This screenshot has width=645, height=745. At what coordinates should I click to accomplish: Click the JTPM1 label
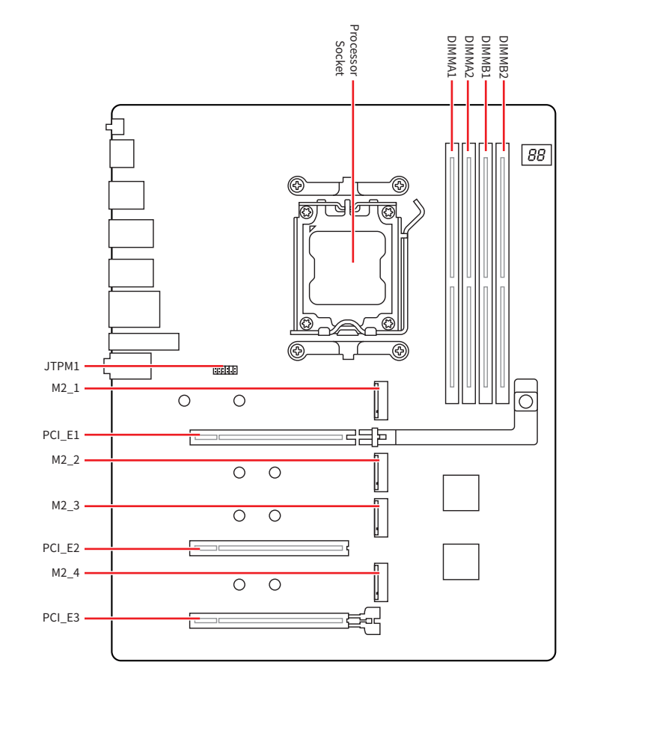coord(61,367)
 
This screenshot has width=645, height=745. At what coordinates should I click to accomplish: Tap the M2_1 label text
coord(65,388)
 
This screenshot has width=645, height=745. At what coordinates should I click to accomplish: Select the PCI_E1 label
coord(61,435)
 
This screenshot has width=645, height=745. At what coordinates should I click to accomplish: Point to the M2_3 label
coord(65,506)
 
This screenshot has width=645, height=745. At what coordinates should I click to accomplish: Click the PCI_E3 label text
coord(61,619)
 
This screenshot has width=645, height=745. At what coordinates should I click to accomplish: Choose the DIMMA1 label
coord(451,56)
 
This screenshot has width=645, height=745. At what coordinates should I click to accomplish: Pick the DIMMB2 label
coord(504,56)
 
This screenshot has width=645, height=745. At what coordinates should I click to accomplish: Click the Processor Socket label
coord(346,50)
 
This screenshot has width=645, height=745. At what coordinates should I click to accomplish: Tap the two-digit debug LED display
coord(537,155)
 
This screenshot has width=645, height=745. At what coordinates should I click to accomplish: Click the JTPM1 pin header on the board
coord(225,370)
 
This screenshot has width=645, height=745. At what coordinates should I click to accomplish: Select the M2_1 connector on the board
coord(381,400)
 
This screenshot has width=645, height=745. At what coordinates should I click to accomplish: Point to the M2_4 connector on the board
coord(381,583)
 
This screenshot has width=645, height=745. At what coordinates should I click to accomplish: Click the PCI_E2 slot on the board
coord(269,548)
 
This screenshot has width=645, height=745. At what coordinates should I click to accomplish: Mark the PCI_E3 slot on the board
coord(269,620)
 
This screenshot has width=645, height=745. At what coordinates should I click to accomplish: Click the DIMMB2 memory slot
coord(502,273)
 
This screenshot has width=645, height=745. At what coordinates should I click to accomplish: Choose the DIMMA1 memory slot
coord(452,273)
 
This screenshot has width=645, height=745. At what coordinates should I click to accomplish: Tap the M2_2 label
coord(65,460)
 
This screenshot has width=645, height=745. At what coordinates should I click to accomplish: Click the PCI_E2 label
coord(61,548)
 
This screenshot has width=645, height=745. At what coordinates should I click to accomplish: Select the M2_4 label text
coord(65,573)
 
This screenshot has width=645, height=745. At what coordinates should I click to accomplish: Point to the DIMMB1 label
coord(486,56)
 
